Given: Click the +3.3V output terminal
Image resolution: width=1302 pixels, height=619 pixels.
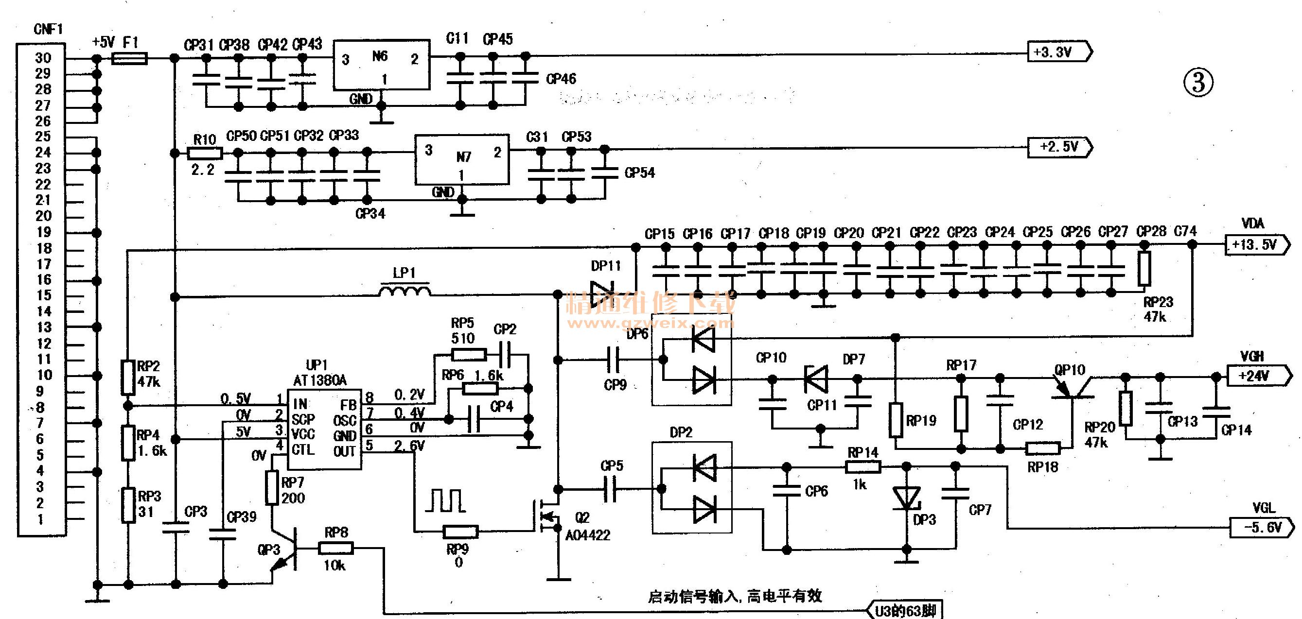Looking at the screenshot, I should tap(1059, 52).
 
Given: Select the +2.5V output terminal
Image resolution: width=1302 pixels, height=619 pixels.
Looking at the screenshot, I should tap(1059, 148).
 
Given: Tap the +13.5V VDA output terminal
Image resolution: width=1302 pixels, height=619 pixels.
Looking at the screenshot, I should tap(1256, 245).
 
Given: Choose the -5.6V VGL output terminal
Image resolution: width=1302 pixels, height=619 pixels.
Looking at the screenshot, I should tap(1261, 528).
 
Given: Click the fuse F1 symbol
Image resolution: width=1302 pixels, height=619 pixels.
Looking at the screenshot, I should tap(129, 59).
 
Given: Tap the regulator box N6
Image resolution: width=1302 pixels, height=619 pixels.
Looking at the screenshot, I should tap(381, 65).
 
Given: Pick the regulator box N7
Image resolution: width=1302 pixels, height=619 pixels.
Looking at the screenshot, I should tap(461, 159).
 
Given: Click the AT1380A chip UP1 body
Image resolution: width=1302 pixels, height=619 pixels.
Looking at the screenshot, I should tap(324, 429).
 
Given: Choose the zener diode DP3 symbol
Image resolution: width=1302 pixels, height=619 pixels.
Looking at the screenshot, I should tap(906, 498).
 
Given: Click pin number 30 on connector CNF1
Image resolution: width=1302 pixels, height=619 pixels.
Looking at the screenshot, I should tap(43, 58).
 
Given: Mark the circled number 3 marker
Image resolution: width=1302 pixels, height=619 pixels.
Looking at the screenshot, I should tap(1198, 83).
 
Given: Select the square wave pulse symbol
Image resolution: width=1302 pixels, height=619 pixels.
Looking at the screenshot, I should tap(445, 500).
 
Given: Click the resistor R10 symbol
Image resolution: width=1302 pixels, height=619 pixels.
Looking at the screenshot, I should tap(205, 153).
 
